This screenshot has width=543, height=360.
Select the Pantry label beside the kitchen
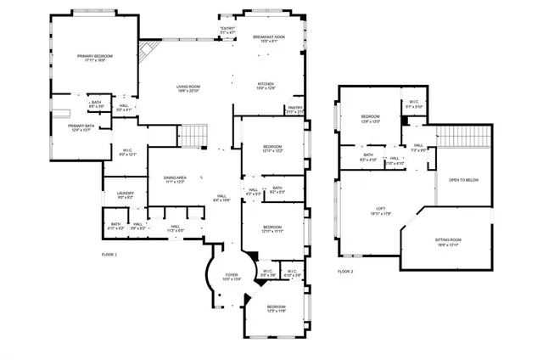[295, 109]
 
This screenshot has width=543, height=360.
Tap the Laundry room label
[126, 195]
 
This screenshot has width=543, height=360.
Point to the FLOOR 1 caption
[109, 255]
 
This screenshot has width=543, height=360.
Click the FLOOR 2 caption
[344, 272]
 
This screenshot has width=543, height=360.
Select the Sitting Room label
[448, 244]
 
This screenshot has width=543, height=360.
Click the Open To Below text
[463, 180]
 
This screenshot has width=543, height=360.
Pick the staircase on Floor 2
[464, 136]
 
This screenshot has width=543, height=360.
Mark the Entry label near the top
[227, 31]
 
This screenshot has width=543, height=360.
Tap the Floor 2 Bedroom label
[370, 118]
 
